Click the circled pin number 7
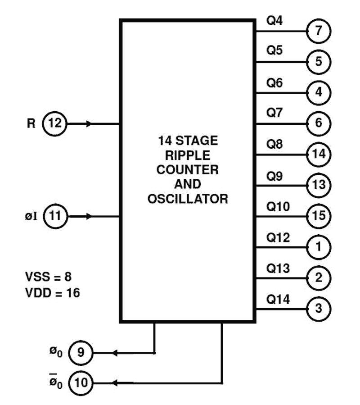319,31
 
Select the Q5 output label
274,51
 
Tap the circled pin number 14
319,154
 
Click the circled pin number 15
319,216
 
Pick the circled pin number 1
319,247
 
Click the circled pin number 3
319,309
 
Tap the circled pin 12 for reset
55,123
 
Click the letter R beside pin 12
31,123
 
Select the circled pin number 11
55,217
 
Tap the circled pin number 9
81,352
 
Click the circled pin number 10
81,383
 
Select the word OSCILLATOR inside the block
188,199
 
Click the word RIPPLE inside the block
188,156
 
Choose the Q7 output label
274,113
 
